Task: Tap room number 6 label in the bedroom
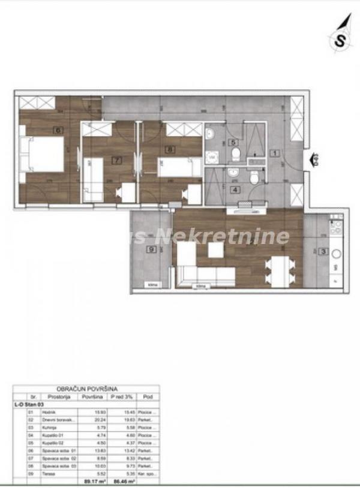(58, 129)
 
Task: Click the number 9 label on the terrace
(153, 250)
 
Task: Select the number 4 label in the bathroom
(235, 190)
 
